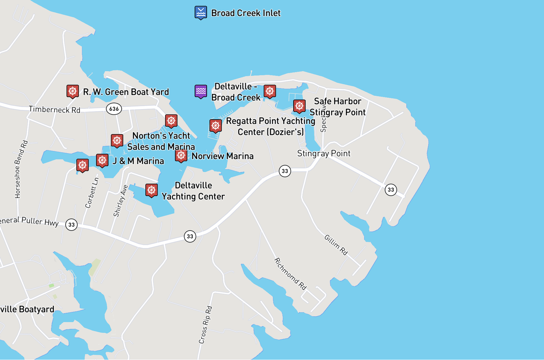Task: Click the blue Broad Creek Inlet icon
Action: [x=201, y=12]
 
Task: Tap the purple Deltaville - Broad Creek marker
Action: [x=201, y=91]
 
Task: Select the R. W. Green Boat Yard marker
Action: [x=73, y=91]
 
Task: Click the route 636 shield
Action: [x=114, y=109]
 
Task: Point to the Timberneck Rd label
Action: [x=55, y=109]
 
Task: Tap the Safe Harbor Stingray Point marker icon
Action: [x=299, y=106]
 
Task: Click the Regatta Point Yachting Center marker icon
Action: [x=215, y=126]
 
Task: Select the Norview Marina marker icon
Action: [x=181, y=156]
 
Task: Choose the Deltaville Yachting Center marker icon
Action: [x=152, y=190]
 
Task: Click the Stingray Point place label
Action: [x=324, y=154]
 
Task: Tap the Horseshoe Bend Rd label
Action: [x=21, y=169]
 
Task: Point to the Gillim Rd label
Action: [x=336, y=245]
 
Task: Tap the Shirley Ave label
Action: [x=120, y=201]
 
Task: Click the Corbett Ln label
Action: [x=92, y=193]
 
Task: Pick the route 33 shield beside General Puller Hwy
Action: [x=72, y=225]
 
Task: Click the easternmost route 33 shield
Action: [x=391, y=190]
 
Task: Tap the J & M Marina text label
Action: [x=138, y=161]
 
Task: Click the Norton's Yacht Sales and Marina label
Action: [x=161, y=141]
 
